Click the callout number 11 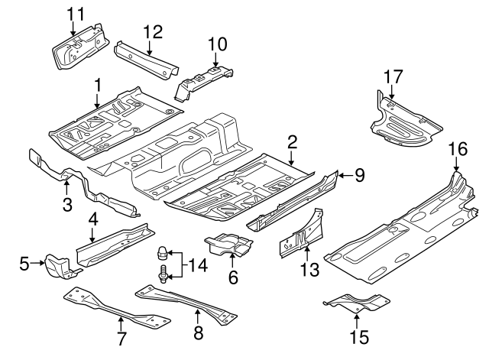76,13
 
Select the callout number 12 153,31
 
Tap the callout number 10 217,44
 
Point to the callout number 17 393,76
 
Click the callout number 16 457,148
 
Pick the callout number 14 198,266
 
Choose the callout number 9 359,176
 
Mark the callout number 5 24,264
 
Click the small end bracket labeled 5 58,267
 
